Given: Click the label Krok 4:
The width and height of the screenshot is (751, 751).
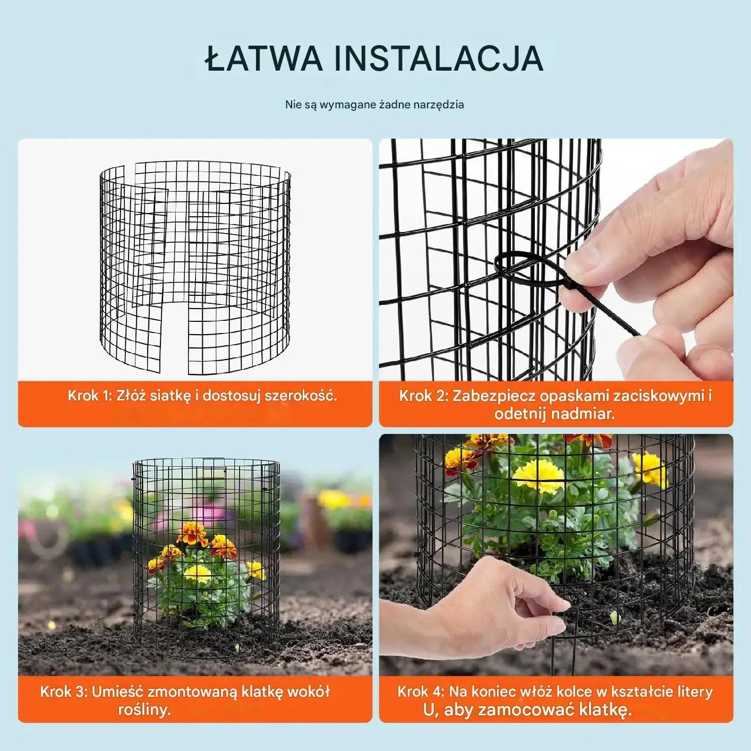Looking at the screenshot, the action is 421,692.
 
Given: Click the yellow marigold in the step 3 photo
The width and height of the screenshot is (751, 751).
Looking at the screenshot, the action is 198,574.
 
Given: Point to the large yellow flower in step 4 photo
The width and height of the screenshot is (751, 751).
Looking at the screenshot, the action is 538,476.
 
